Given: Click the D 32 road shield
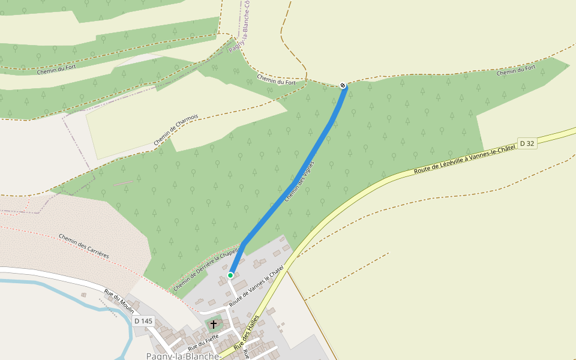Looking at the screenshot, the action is click(x=527, y=143).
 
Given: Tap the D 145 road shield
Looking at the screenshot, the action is click(x=143, y=321).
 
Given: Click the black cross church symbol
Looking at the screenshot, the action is click(x=213, y=324).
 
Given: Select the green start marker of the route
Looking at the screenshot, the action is click(x=230, y=275).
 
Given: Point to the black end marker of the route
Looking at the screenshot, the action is click(x=343, y=86).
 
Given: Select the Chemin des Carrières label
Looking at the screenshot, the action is click(x=84, y=246).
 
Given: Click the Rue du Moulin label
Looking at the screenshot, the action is click(x=119, y=301).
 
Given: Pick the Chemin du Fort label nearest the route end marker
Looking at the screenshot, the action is click(x=277, y=79).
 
